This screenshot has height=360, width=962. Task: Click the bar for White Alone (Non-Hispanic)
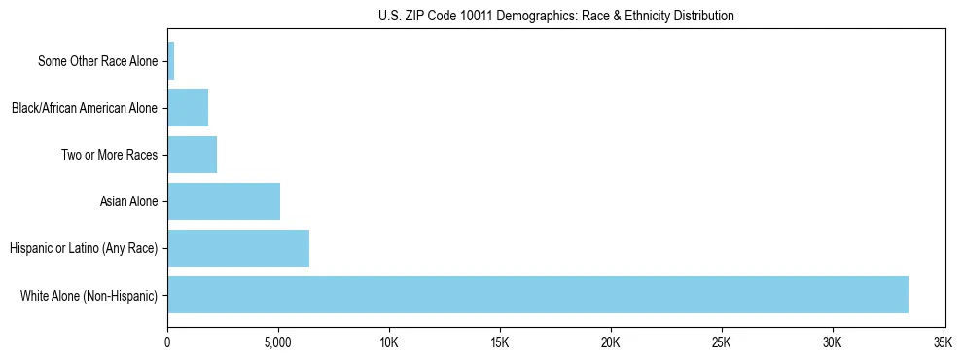click(x=538, y=295)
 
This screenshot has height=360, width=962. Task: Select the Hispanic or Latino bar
click(x=238, y=248)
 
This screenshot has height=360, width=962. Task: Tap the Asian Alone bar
click(x=224, y=201)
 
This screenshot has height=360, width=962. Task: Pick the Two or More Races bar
click(x=192, y=155)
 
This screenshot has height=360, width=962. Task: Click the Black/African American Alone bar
click(x=188, y=107)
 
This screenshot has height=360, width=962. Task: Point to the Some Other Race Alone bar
click(x=171, y=60)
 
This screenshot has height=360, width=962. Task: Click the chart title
click(x=555, y=16)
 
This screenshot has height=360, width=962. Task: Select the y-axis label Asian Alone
click(x=128, y=202)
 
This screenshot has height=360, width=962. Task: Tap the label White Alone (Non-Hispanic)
click(x=89, y=296)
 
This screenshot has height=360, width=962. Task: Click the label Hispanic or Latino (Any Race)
click(x=84, y=249)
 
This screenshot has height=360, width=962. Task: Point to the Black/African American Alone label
click(x=85, y=108)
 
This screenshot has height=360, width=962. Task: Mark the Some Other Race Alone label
click(x=97, y=61)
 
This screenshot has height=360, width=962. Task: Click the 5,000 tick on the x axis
click(x=278, y=343)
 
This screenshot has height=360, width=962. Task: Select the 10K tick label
click(x=389, y=343)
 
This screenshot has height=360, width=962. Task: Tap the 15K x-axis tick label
click(x=500, y=343)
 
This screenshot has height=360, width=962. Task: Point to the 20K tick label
click(x=611, y=343)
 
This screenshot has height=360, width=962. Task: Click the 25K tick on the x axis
click(x=722, y=343)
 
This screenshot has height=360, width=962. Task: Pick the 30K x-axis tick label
click(x=833, y=343)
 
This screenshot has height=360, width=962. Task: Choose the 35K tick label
click(x=943, y=343)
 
